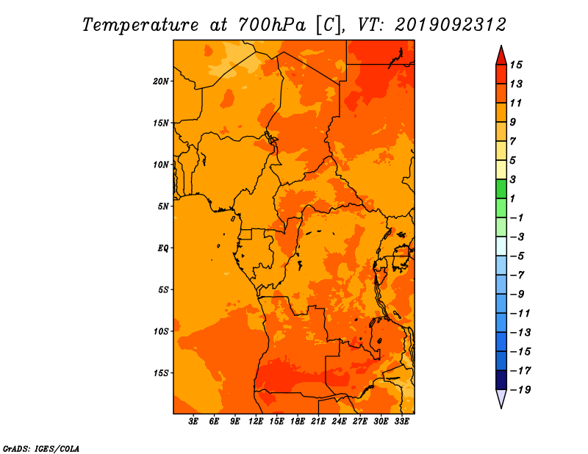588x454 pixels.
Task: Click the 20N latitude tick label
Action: click(160, 82)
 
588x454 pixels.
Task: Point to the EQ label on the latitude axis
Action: click(162, 248)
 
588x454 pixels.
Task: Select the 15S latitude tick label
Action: click(161, 373)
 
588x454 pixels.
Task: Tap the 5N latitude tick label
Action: click(163, 206)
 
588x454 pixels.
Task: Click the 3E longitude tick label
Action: click(193, 422)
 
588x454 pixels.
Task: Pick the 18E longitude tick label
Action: click(298, 422)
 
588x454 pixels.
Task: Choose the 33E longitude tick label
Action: click(401, 422)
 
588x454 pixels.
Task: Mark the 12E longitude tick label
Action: click(256, 422)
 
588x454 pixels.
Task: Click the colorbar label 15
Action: click(516, 65)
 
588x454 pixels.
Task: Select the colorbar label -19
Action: click(520, 390)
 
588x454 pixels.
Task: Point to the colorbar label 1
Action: click(512, 198)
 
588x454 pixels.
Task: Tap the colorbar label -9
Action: click(517, 295)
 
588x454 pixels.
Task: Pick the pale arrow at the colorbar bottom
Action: click(501, 397)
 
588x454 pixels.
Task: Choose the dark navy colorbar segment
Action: click(501, 380)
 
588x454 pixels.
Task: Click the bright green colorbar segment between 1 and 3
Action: click(501, 189)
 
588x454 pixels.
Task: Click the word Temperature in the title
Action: click(140, 25)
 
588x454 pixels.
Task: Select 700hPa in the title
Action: click(271, 25)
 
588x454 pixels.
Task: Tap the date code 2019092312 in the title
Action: click(451, 25)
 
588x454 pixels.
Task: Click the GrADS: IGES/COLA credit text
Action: click(41, 449)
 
